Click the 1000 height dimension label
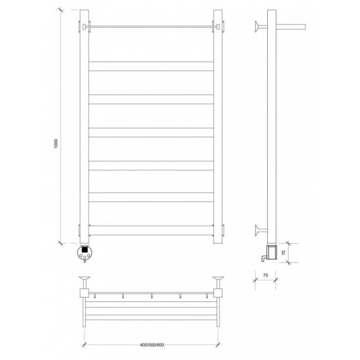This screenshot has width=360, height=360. click(x=56, y=144)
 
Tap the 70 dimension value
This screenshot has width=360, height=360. click(x=284, y=252)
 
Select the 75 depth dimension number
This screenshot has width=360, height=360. click(x=265, y=275)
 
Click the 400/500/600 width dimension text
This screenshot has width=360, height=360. click(x=152, y=345)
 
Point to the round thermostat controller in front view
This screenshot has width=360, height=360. click(x=85, y=252)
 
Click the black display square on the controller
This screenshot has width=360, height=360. click(x=85, y=249)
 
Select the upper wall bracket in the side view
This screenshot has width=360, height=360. click(x=261, y=26)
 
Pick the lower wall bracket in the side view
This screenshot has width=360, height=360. click(x=261, y=230)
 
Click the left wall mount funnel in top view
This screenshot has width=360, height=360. click(x=84, y=282)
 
